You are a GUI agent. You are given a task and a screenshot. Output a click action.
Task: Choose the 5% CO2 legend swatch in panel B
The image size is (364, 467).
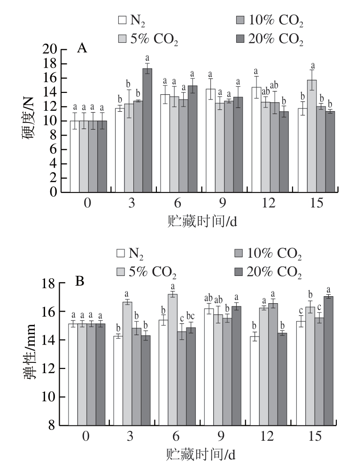tap(122, 272)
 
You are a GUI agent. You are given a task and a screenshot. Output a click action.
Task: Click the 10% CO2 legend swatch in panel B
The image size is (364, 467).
tap(240, 254)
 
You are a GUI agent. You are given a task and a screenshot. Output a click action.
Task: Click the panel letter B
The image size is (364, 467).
tap(80, 283)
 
